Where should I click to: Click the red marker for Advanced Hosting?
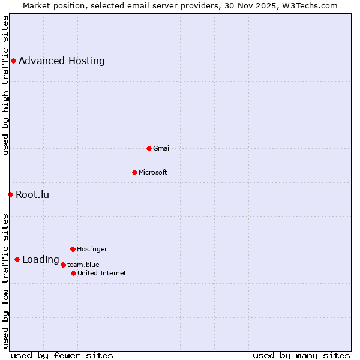coord(13,61)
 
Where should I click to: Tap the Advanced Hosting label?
coord(62,61)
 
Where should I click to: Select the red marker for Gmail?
coord(149,148)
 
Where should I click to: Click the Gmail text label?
coord(162,148)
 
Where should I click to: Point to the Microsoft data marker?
coord(134,172)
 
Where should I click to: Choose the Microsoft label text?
coord(153,172)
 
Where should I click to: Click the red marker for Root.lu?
coord(10,194)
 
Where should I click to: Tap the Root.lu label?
coord(32,194)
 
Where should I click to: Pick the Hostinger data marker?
coord(73,249)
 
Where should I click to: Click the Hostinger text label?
coord(92,249)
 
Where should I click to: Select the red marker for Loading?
coord(17,259)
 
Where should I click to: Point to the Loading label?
coord(41,260)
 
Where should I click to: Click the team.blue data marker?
coord(63,265)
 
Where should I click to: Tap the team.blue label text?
coord(83,265)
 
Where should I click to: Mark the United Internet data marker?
coord(73,273)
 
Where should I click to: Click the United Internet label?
coord(102,273)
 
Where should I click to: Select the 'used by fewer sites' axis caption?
coord(62,355)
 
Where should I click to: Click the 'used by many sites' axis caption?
coord(301,355)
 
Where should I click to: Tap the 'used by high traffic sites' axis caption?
coord(5,85)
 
